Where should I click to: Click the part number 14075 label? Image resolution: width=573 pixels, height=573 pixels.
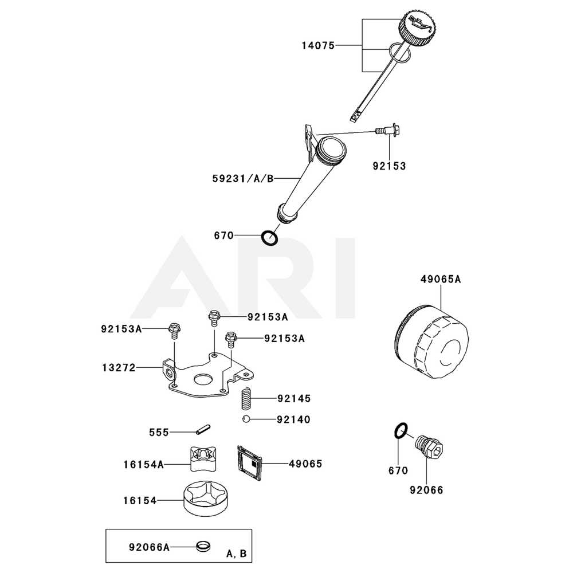pos(319,45)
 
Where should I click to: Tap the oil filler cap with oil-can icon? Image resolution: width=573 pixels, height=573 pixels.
pos(417,29)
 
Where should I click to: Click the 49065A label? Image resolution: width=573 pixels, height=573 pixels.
pos(440,280)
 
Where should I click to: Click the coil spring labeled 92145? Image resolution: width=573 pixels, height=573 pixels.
pos(245,397)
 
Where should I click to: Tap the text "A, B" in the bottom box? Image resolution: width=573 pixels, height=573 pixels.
pos(236,554)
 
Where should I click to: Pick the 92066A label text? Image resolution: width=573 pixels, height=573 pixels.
pos(149,547)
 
